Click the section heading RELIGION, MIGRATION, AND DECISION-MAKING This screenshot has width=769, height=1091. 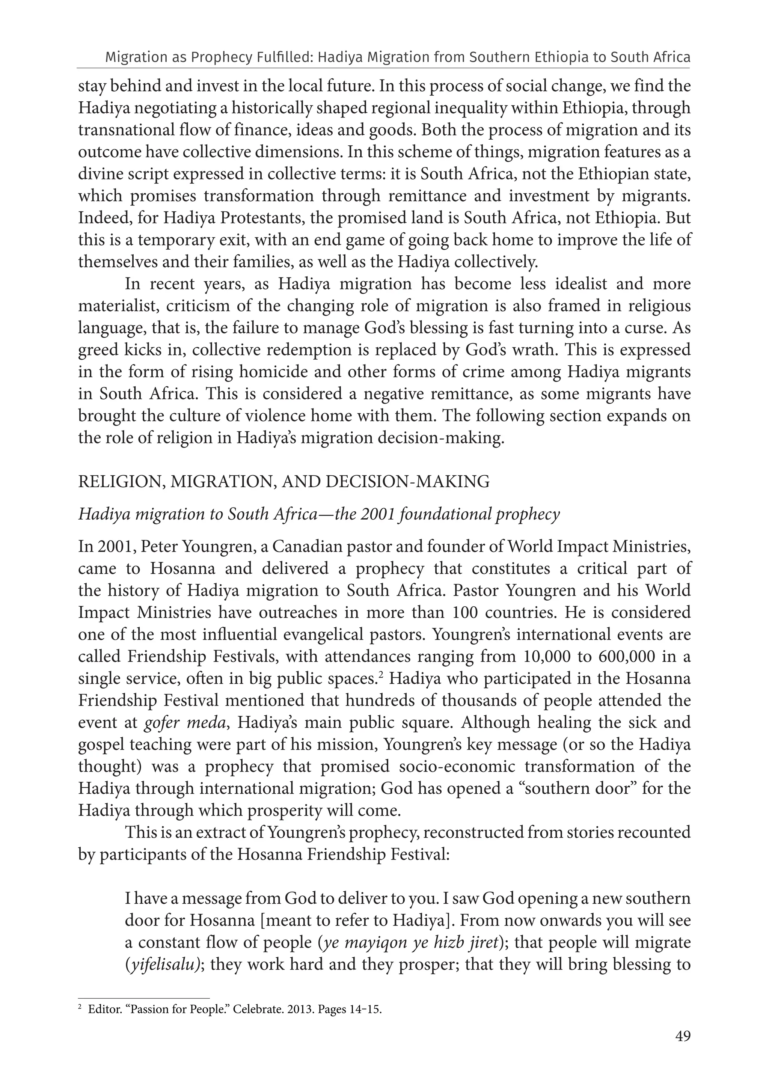tap(284, 482)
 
